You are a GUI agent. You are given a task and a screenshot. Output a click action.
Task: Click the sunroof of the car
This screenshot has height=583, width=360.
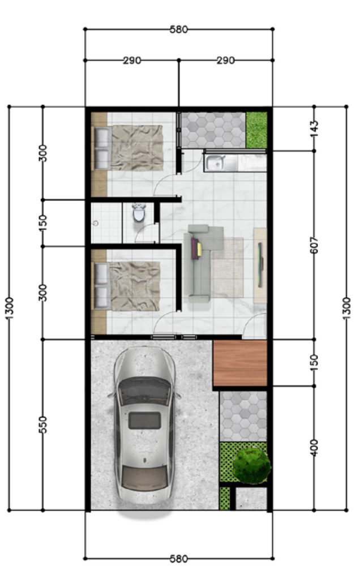(x=145, y=421)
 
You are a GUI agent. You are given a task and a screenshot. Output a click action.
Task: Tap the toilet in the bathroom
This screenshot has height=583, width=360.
(x=139, y=212)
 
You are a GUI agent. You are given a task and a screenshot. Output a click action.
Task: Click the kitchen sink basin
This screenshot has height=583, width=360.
(x=215, y=162)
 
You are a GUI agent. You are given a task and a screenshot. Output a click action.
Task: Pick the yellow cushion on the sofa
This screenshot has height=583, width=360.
(x=200, y=249)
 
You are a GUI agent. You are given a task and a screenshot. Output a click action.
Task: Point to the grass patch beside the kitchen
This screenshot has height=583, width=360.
(x=256, y=130)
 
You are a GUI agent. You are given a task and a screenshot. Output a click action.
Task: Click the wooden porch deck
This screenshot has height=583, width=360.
(x=241, y=363)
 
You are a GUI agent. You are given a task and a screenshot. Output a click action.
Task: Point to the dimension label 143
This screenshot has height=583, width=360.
(x=314, y=128)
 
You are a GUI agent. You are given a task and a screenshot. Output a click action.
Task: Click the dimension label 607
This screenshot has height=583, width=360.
(x=314, y=246)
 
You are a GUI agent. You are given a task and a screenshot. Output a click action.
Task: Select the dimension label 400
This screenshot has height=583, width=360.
(x=314, y=448)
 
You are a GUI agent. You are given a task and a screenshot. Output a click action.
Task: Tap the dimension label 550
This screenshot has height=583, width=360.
(x=43, y=425)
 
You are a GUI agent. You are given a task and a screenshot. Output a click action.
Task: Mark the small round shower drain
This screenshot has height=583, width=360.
(x=96, y=223)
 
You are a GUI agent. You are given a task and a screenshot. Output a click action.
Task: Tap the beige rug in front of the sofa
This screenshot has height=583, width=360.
(x=228, y=267)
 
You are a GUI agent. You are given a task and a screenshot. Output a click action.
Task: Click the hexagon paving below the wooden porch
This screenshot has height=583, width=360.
(x=243, y=416)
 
